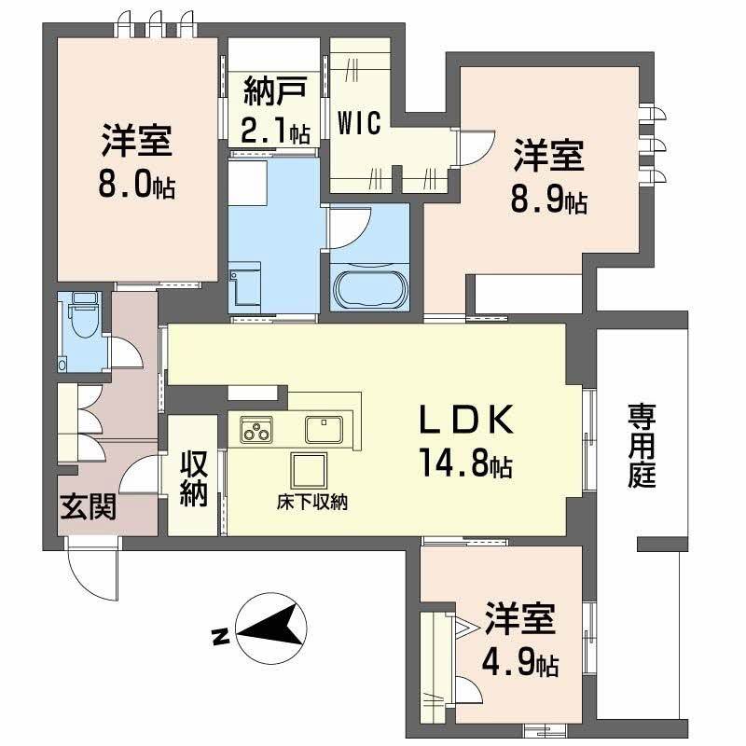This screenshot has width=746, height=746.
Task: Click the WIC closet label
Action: [x=359, y=123]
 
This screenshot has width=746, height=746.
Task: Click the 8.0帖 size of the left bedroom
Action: [x=137, y=183]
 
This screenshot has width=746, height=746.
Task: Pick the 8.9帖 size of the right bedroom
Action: [x=548, y=200]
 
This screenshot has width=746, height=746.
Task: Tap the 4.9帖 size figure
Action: [x=520, y=663]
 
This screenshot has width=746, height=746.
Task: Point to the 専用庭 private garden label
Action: [x=642, y=445]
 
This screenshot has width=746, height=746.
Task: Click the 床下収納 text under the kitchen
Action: [x=311, y=502]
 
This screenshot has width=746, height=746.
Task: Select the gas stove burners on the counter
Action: [x=256, y=430]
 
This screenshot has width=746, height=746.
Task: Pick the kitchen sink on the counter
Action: [x=324, y=428]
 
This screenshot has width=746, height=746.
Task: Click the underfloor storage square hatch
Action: [x=309, y=469]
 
